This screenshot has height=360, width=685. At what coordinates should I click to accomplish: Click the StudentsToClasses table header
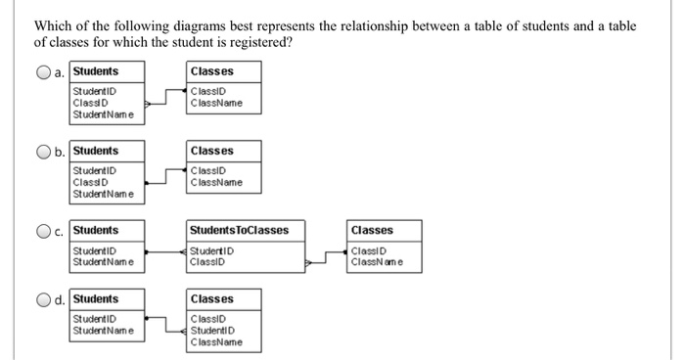tap(239, 231)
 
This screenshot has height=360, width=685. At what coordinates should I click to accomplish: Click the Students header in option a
tap(96, 71)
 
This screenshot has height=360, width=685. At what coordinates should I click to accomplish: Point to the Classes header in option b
tap(212, 151)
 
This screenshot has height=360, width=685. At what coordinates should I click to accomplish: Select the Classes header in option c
tap(372, 230)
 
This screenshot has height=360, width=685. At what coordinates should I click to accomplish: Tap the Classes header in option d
tap(212, 298)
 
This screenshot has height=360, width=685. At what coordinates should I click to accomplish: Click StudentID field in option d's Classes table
tap(213, 331)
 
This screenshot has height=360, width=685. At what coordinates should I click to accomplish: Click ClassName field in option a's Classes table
tap(217, 103)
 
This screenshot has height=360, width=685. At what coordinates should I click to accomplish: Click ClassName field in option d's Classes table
tap(217, 341)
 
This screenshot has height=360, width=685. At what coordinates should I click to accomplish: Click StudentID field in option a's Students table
tap(94, 92)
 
